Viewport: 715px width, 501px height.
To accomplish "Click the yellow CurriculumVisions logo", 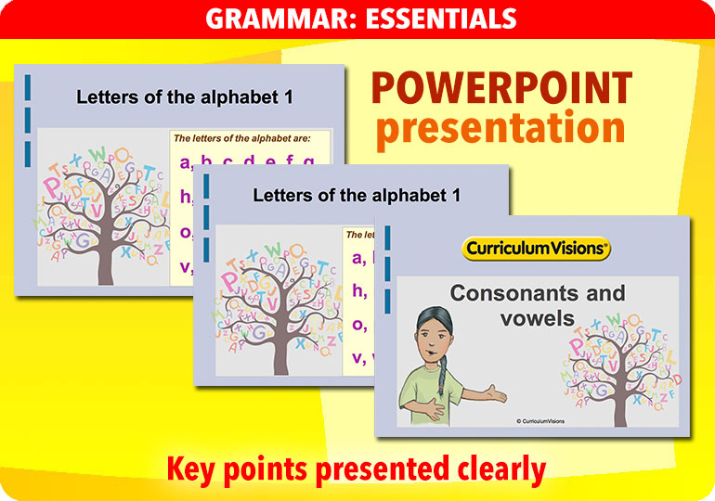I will point(536,248).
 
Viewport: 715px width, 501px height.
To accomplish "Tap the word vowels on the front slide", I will point(537,318).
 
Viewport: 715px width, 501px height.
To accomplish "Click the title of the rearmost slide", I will point(189,96).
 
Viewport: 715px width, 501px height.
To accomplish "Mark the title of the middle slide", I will point(357,195).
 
